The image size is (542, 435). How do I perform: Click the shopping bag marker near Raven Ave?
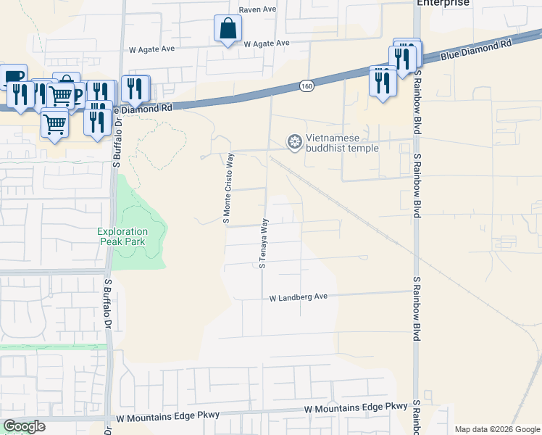[228, 30]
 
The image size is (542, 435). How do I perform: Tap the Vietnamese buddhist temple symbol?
[294, 141]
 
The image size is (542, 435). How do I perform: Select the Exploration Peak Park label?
[122, 236]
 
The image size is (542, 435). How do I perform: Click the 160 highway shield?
[307, 86]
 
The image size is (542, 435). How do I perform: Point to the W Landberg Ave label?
[299, 297]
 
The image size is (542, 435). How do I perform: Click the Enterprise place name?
[443, 3]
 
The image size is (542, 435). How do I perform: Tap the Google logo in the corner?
[24, 426]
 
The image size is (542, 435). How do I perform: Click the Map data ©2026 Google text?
[496, 429]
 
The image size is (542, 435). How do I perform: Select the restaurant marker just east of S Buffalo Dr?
[135, 89]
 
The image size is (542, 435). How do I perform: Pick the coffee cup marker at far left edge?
[14, 77]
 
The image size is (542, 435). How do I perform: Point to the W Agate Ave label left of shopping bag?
[152, 49]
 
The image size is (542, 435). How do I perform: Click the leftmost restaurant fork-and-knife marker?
[20, 95]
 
